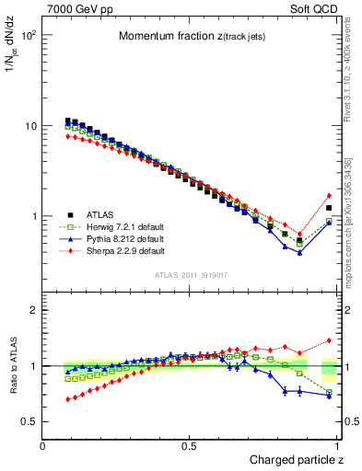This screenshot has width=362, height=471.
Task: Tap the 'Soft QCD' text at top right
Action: click(x=313, y=8)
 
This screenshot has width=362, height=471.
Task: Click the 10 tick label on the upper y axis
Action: click(x=29, y=126)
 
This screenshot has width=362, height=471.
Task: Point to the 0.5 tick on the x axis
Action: click(x=189, y=446)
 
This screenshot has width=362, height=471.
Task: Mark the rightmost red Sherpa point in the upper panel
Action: click(x=329, y=195)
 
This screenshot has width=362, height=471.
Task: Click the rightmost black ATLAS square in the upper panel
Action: click(x=329, y=208)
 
